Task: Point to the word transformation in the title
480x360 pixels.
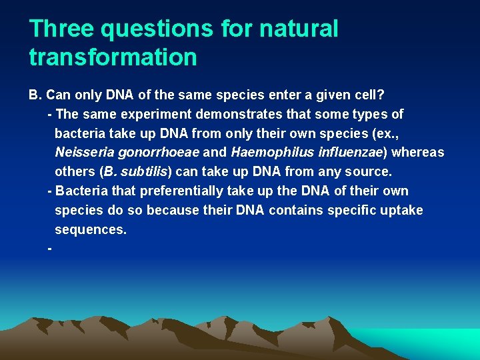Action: click(x=113, y=57)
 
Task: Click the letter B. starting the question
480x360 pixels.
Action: click(x=35, y=95)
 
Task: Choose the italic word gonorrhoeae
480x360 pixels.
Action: click(x=157, y=153)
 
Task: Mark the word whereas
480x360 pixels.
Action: click(x=418, y=153)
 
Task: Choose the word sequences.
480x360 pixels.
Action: click(x=90, y=230)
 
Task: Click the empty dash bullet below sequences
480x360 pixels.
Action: click(x=51, y=249)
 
